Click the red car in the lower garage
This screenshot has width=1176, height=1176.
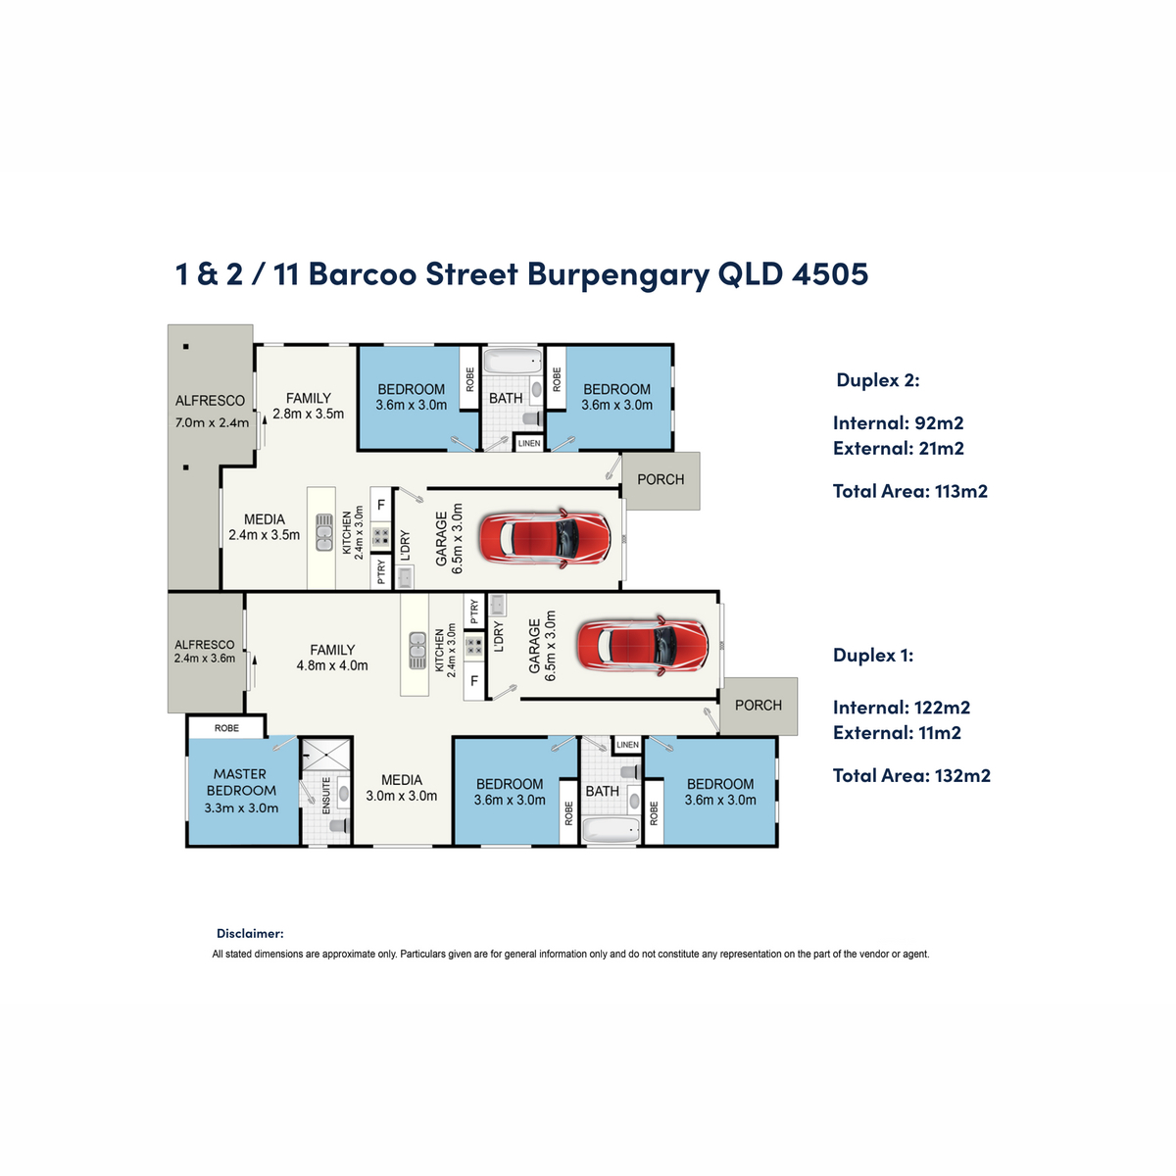pyautogui.click(x=643, y=645)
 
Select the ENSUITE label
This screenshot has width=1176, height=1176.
pyautogui.click(x=326, y=795)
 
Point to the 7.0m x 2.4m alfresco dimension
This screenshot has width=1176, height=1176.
pyautogui.click(x=212, y=422)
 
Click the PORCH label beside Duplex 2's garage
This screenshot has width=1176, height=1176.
pyautogui.click(x=661, y=479)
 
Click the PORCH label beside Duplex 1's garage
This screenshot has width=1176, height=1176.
pyautogui.click(x=758, y=705)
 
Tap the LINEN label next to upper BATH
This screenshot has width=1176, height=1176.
pyautogui.click(x=528, y=443)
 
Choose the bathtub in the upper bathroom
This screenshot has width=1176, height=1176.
pyautogui.click(x=513, y=361)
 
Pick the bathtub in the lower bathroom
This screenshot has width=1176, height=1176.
pyautogui.click(x=612, y=831)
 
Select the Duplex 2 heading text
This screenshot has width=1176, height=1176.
pyautogui.click(x=877, y=379)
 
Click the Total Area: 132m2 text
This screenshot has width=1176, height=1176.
pyautogui.click(x=911, y=775)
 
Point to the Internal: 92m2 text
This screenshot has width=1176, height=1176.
pyautogui.click(x=898, y=422)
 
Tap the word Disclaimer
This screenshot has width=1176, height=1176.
pyautogui.click(x=250, y=933)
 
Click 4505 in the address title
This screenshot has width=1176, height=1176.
pyautogui.click(x=830, y=273)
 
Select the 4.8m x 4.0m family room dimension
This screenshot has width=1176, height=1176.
pyautogui.click(x=332, y=665)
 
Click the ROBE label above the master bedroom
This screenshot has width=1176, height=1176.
pyautogui.click(x=226, y=728)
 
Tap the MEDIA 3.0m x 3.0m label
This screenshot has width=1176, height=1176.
pyautogui.click(x=402, y=788)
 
